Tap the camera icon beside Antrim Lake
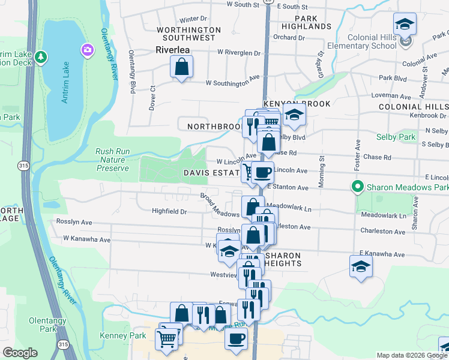(88, 49)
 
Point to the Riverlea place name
(173, 50)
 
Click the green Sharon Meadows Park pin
(358, 187)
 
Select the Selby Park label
(396, 137)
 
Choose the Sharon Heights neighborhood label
(295, 260)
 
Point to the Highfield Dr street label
(169, 211)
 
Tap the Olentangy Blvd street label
(132, 71)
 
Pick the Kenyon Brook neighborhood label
(296, 104)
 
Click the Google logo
(20, 353)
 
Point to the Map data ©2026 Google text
(411, 355)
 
